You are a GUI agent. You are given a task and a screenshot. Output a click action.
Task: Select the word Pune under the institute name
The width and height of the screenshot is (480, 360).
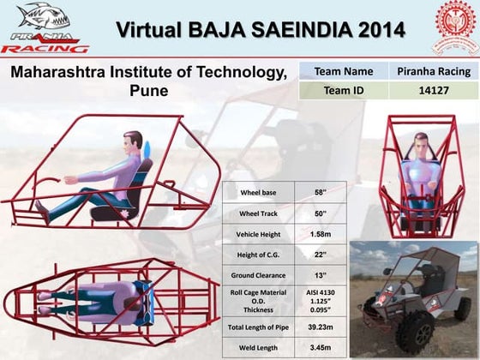[x=147, y=90]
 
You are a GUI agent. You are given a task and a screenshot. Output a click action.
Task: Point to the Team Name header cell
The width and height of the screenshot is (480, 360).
[x=344, y=71]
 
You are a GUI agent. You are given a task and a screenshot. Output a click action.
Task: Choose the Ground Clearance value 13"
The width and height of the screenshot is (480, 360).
[x=321, y=275]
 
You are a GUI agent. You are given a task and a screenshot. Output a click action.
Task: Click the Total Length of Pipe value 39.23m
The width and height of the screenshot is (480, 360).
[x=321, y=327]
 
